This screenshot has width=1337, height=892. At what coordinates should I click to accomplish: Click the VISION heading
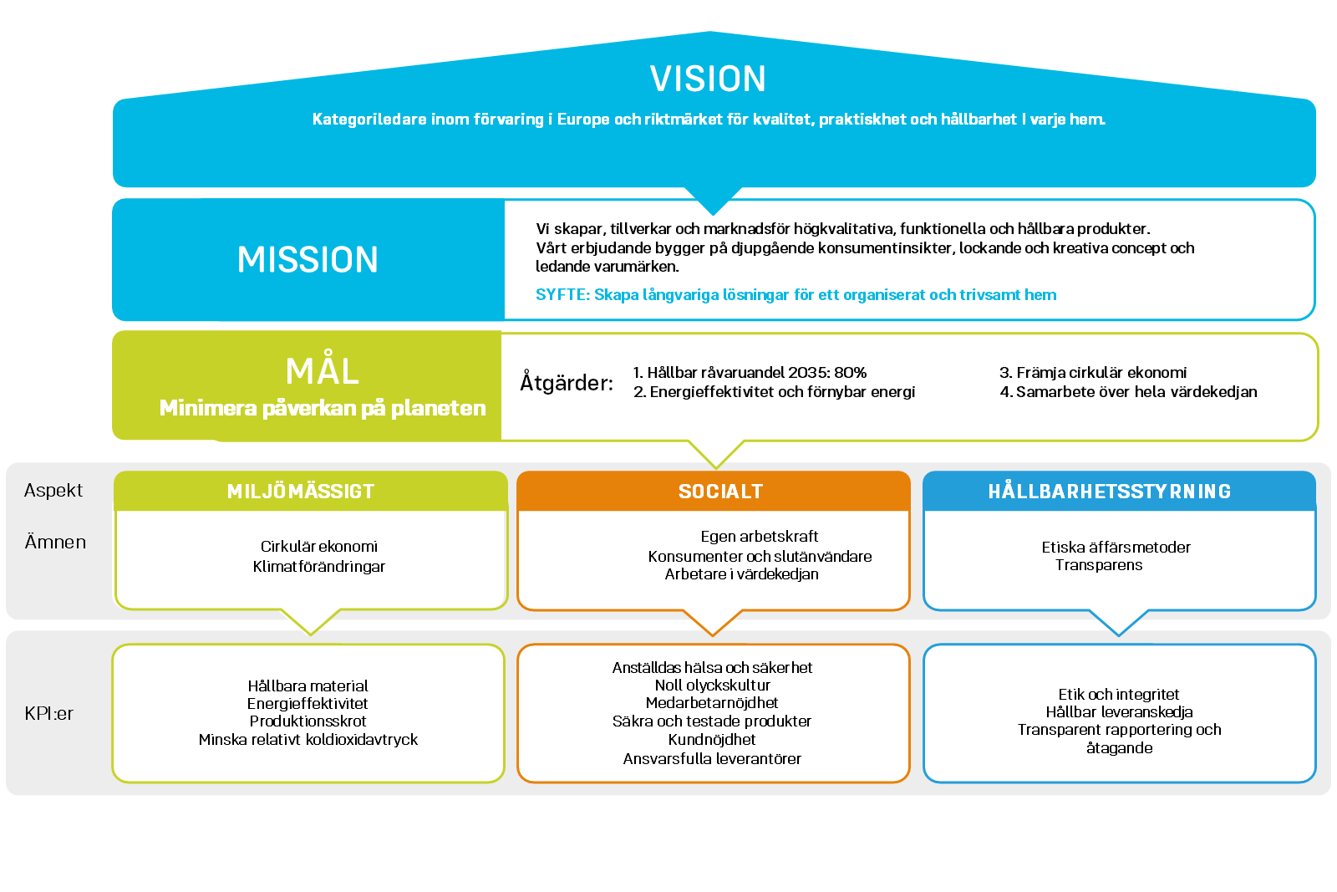pos(708,79)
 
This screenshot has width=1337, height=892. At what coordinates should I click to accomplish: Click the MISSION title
pos(308,260)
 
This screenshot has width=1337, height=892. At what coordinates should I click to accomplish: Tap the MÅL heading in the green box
pos(322,371)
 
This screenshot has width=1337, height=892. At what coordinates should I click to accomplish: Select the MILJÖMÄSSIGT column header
pos(301,492)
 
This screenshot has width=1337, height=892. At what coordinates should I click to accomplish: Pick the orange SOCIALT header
pos(720,492)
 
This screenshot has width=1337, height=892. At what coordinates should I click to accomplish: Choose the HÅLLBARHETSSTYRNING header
pos(1110,492)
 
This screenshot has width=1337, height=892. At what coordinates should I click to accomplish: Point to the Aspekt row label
pos(53,491)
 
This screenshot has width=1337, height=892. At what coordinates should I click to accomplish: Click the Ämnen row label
pos(55,543)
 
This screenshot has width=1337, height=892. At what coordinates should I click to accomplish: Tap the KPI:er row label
pos(49,714)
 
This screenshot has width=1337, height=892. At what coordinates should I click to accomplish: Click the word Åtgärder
pos(567,383)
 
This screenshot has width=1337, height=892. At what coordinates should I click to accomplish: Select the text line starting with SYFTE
pos(796,295)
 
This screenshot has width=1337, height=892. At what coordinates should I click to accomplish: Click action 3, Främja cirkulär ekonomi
pos(1093,373)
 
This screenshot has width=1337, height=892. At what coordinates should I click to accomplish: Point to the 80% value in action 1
pos(850,373)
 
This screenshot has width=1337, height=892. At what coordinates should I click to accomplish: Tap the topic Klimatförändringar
pos(319,567)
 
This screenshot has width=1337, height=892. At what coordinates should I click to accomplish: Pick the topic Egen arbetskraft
pos(760,537)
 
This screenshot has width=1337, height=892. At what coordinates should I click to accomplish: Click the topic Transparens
pos(1099,565)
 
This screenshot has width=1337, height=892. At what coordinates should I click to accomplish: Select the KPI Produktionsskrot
pos(308,721)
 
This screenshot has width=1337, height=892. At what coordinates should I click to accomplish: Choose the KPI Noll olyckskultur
pos(712,686)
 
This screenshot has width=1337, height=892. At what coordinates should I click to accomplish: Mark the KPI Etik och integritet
pos(1119,695)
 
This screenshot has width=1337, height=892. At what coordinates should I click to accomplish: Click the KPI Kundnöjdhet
pos(712,740)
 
